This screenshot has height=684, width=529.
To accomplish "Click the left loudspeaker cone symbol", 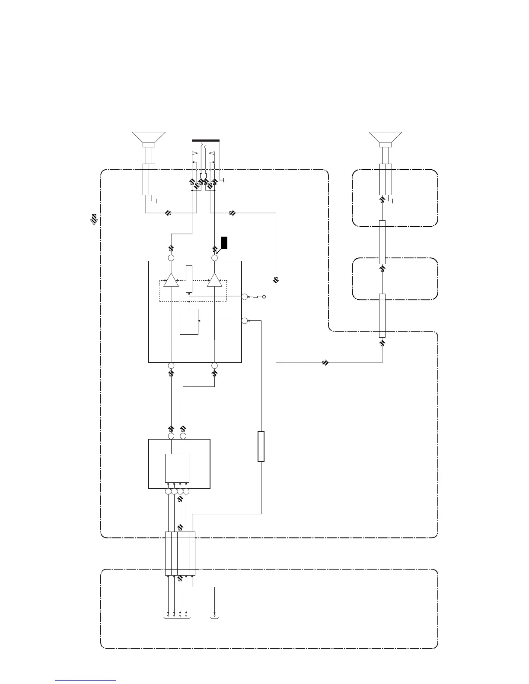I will (x=149, y=137).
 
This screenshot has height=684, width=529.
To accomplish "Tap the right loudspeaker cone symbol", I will (x=386, y=137).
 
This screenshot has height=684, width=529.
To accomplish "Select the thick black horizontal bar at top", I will (x=205, y=140).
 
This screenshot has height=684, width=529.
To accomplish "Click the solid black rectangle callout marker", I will (x=224, y=243).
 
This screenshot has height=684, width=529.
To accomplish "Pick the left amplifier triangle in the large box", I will (x=171, y=280).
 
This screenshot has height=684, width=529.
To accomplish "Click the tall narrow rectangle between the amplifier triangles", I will (x=189, y=279).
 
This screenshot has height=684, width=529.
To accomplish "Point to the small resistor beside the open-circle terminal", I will (x=255, y=297).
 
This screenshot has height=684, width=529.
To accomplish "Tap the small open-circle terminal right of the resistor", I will (x=264, y=297).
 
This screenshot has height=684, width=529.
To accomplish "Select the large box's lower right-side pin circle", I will (x=244, y=321).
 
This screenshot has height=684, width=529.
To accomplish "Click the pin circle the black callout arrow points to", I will (x=214, y=258).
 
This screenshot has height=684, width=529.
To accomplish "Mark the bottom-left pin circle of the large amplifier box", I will (x=171, y=366).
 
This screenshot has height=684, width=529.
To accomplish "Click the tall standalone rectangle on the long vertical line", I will (x=261, y=446).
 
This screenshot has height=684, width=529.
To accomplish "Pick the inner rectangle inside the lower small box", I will (x=177, y=468).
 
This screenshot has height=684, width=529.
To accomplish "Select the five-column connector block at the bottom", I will (x=180, y=554).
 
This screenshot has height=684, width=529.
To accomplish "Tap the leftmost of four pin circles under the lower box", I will (x=168, y=491).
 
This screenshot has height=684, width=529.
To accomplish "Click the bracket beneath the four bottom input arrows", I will (x=177, y=618).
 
